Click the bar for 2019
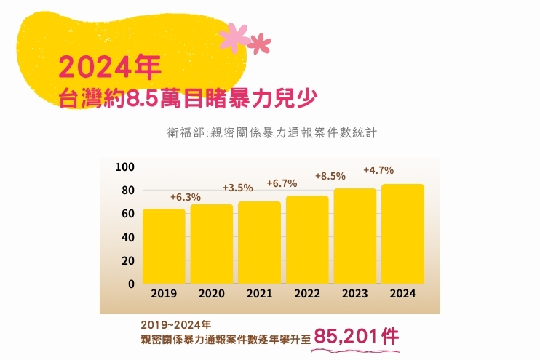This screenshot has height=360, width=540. pos(163,246)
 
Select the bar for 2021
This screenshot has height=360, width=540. pos(259,242)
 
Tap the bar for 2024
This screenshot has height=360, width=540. pos(402,233)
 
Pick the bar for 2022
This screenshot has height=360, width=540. pos(307,239)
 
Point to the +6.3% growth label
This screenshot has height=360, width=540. pos(186,197)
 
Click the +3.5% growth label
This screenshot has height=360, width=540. pos(237,188)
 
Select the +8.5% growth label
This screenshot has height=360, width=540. pos(330,176)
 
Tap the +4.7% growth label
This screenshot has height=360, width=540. pos(378,171)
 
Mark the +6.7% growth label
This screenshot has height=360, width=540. pos(282,183)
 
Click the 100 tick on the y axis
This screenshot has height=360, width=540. pos(126,167)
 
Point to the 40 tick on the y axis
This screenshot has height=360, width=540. pos(128,237)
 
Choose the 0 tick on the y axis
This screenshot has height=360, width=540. pos(132,284)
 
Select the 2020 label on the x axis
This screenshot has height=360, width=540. pos(212,295)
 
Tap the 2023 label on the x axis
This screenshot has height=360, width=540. pos(354,295)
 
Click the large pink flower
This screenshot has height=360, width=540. pos(234,36)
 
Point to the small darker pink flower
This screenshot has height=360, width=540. pos(258,44)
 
